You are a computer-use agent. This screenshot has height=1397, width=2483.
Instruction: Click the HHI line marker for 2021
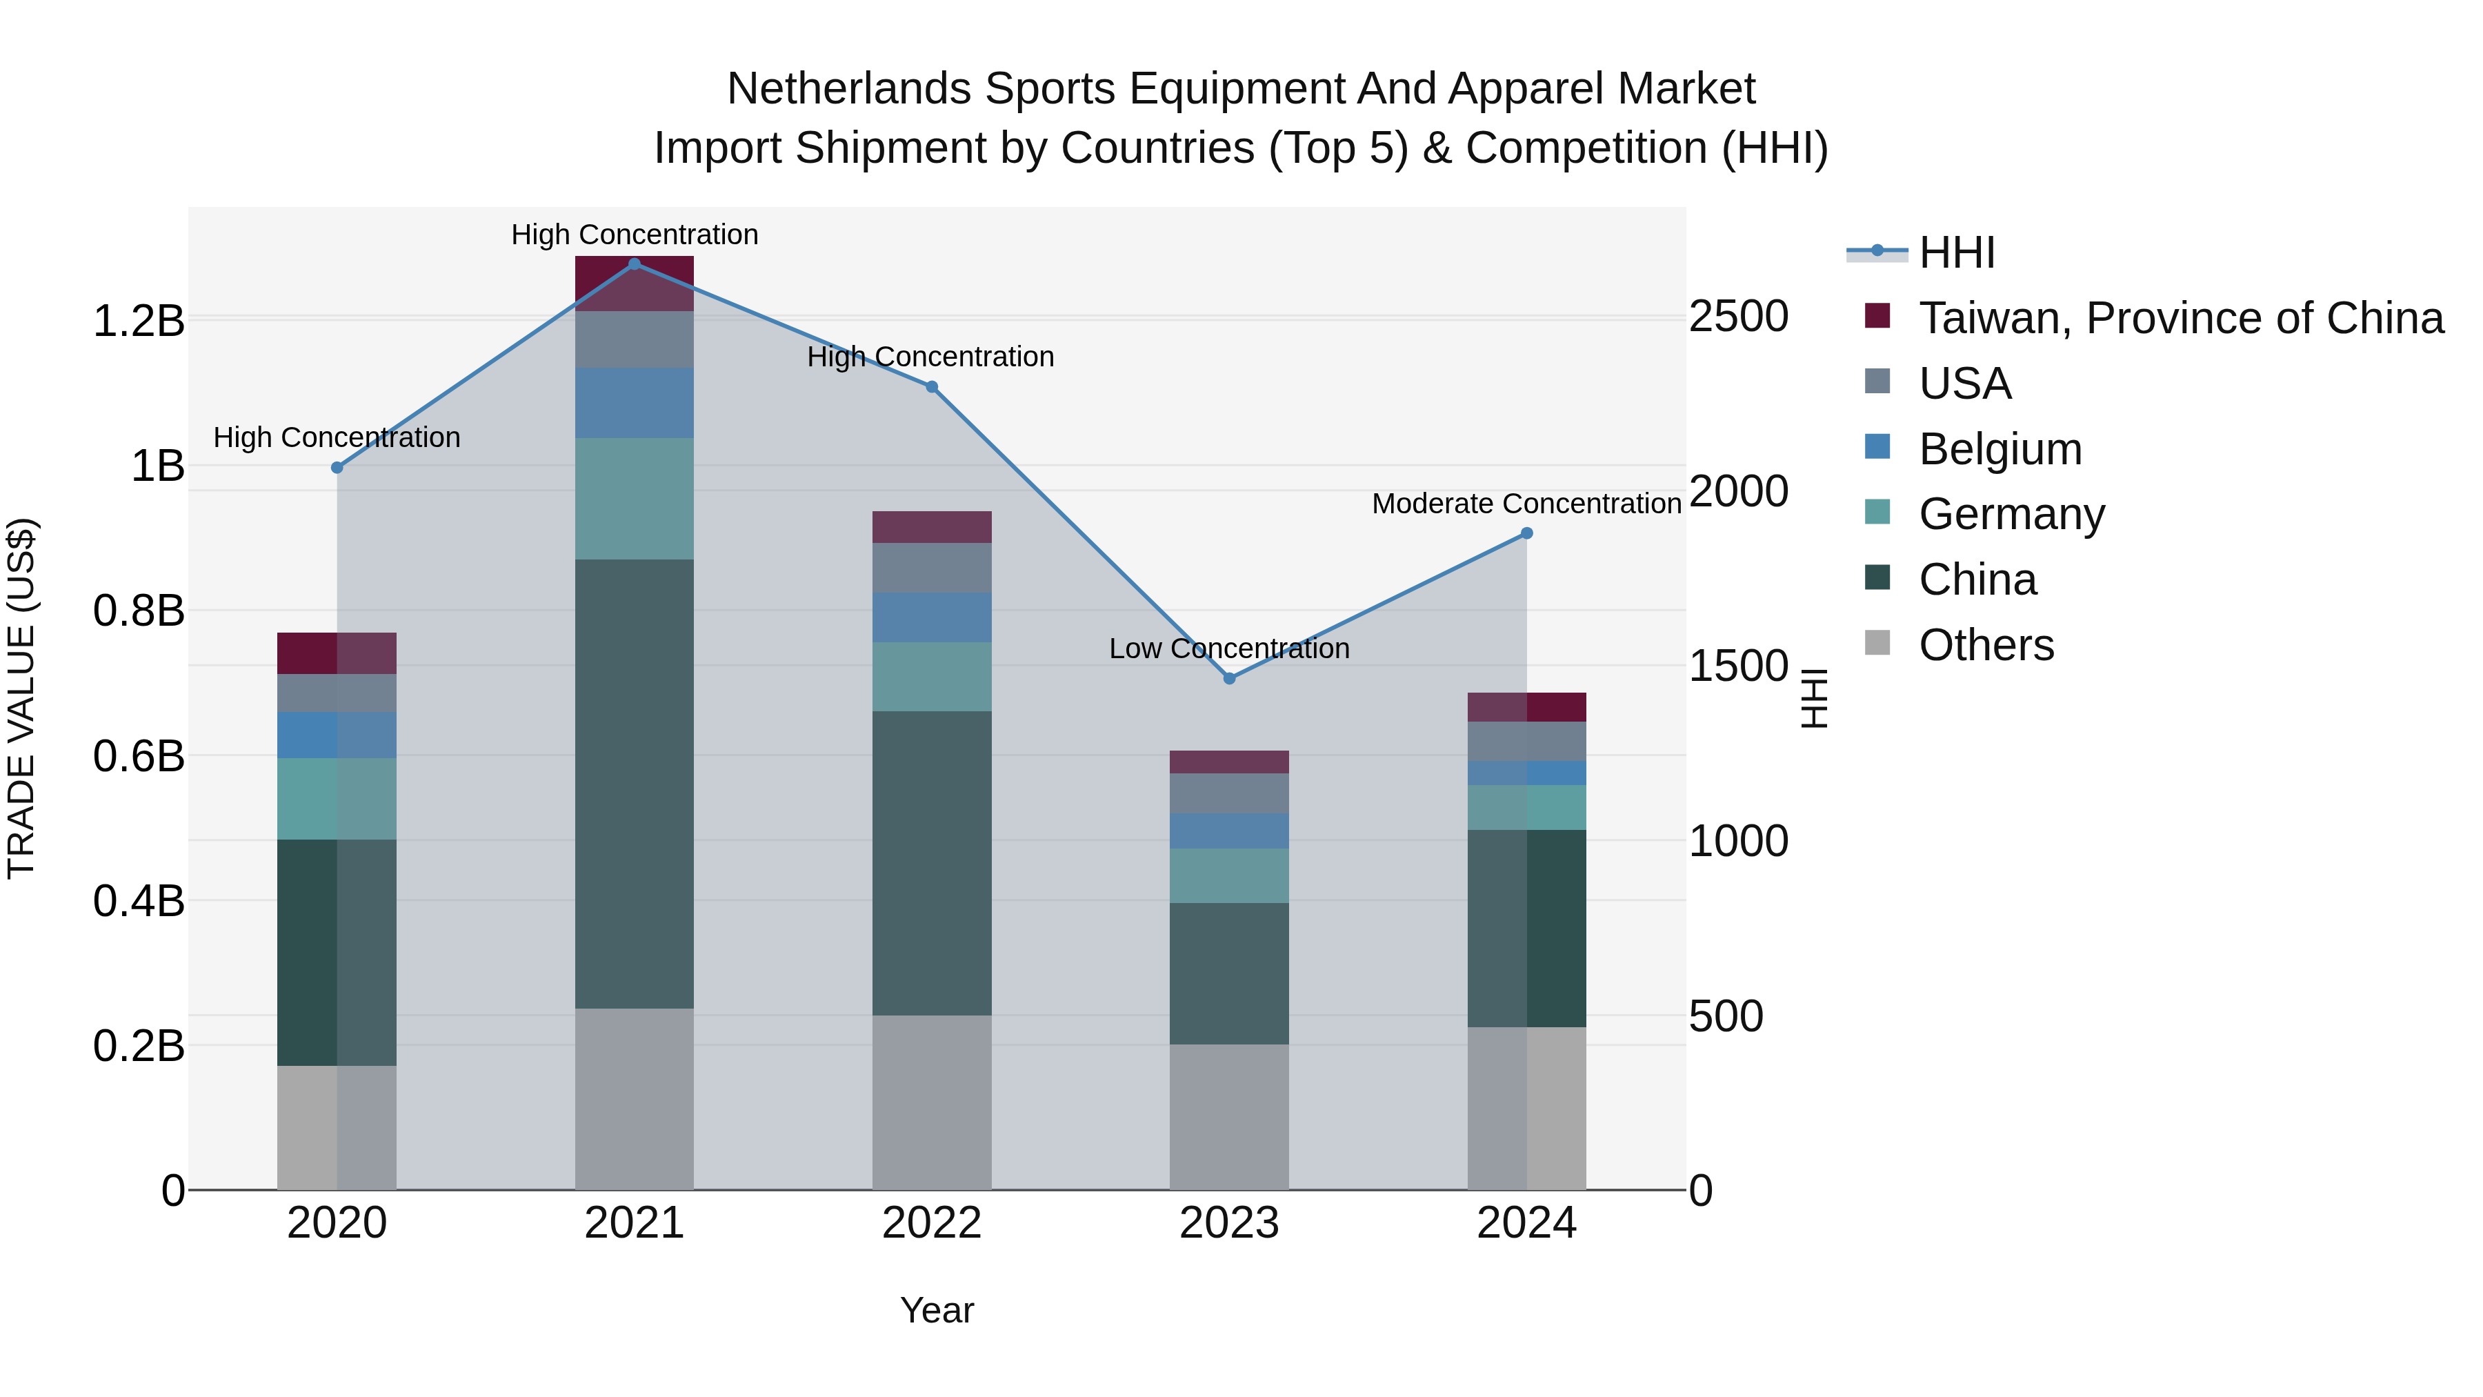(635, 264)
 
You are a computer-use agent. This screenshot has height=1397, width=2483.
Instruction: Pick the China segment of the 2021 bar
(635, 783)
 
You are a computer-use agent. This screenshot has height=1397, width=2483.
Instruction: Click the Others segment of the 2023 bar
(1229, 1116)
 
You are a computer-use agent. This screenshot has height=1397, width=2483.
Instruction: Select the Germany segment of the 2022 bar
(932, 677)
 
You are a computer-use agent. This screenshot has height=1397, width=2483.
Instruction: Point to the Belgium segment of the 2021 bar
(635, 403)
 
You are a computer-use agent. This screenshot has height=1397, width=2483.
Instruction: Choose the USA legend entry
(1964, 384)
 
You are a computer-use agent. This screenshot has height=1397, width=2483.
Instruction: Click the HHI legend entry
(1956, 252)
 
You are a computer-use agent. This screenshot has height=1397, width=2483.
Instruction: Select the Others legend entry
(1986, 645)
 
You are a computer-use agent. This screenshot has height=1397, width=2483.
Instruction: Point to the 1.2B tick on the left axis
(138, 321)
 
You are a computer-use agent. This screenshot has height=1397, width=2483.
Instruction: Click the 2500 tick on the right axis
(1739, 316)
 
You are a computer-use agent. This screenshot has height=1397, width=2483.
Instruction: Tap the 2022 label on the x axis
(932, 1223)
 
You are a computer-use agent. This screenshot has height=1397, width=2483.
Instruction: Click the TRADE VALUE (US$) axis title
(21, 698)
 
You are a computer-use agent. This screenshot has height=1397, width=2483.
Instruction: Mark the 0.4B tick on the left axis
(138, 902)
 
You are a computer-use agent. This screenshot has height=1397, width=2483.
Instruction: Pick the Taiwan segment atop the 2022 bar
(932, 527)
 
